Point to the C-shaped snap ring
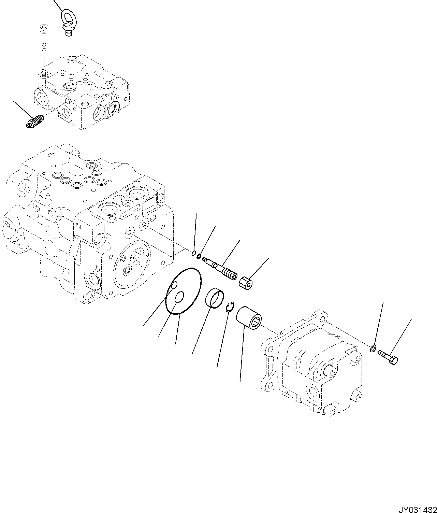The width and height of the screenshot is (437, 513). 230,307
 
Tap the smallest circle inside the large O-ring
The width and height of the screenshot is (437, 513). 174,285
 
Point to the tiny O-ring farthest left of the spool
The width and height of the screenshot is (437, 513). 193,253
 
